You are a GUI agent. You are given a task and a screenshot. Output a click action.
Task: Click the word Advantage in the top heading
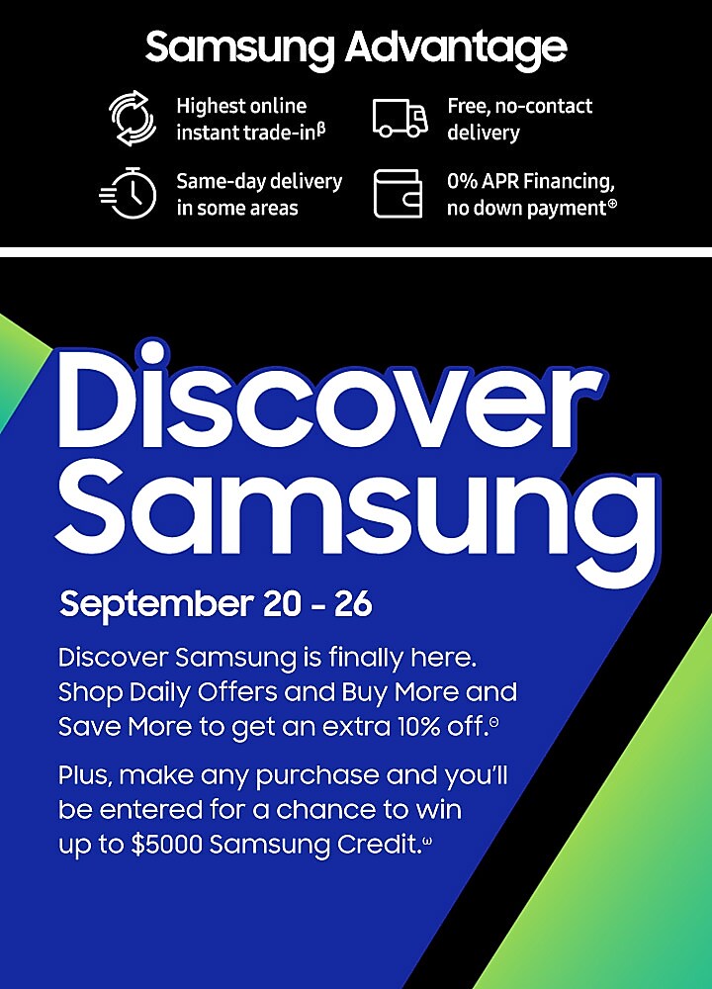[x=456, y=48]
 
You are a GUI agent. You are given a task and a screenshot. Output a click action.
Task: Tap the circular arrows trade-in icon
[x=133, y=118]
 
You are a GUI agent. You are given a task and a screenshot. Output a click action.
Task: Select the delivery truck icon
[x=400, y=118]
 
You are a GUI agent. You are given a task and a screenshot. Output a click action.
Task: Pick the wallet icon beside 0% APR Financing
[x=398, y=194]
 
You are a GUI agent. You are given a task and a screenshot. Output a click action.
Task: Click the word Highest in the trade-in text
[x=209, y=107]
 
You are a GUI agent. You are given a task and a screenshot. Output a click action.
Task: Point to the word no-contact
[x=544, y=106]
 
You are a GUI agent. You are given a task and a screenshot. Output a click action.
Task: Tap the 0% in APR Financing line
[x=462, y=181]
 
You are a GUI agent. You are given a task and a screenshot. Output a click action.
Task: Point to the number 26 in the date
[x=353, y=603]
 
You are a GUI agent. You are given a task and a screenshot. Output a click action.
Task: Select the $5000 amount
[x=166, y=844]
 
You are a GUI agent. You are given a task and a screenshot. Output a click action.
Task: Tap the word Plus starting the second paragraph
[x=86, y=775]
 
